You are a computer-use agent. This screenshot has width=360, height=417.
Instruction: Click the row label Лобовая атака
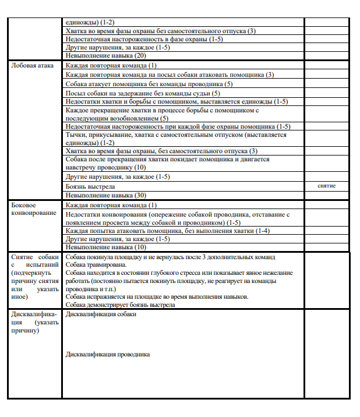click(33, 65)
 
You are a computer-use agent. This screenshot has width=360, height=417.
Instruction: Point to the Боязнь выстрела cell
click(90, 186)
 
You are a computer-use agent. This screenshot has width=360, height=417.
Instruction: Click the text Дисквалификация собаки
click(101, 314)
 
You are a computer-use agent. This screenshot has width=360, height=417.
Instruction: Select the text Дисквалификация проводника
click(108, 354)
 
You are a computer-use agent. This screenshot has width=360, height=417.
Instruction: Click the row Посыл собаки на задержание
click(143, 93)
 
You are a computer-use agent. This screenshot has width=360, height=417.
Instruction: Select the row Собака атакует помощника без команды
click(149, 84)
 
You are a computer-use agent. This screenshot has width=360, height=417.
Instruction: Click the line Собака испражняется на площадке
click(157, 296)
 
